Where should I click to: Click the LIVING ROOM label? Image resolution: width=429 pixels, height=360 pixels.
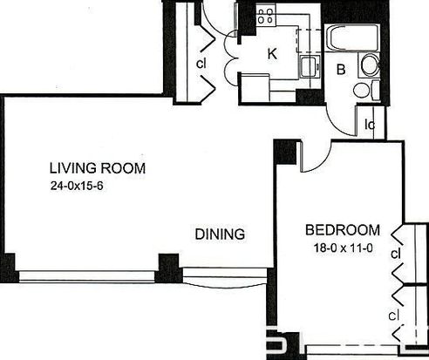pyautogui.click(x=98, y=168)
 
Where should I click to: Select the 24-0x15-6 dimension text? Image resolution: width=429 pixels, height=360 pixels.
pyautogui.click(x=77, y=186)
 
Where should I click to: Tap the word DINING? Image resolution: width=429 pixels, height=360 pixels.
pyautogui.click(x=220, y=234)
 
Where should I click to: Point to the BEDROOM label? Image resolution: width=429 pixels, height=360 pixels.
pyautogui.click(x=343, y=230)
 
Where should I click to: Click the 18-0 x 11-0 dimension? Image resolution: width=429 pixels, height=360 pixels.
pyautogui.click(x=343, y=248)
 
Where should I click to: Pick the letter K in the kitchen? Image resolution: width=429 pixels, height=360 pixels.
pyautogui.click(x=272, y=54)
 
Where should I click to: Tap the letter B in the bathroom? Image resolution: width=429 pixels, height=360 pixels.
pyautogui.click(x=341, y=70)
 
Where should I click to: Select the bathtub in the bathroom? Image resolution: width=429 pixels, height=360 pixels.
pyautogui.click(x=352, y=37)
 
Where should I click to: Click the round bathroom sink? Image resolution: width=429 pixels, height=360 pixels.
pyautogui.click(x=370, y=65)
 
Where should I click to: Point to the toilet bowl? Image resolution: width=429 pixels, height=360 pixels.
pyautogui.click(x=362, y=90)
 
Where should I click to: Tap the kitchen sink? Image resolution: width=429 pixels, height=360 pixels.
pyautogui.click(x=310, y=66)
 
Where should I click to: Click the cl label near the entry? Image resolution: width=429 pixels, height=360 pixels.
pyautogui.click(x=201, y=64)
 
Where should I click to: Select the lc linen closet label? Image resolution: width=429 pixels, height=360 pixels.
pyautogui.click(x=370, y=125)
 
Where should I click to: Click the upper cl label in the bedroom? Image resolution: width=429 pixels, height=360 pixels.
pyautogui.click(x=396, y=254)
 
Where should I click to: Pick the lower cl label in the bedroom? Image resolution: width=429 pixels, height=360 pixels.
pyautogui.click(x=393, y=316)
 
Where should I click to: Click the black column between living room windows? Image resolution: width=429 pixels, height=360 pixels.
pyautogui.click(x=168, y=268)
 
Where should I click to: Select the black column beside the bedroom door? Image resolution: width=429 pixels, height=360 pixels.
pyautogui.click(x=286, y=152)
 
